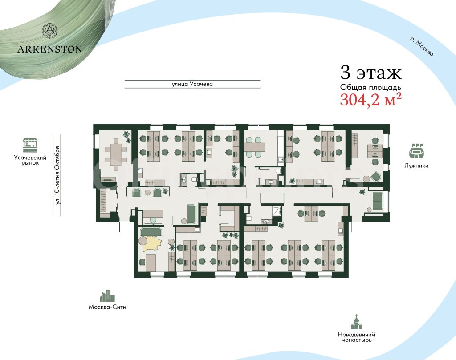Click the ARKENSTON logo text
point(49,49)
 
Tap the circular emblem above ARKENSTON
point(50,31)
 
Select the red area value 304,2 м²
point(371,100)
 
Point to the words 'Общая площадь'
point(370,88)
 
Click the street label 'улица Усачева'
point(192,84)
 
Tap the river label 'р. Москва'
point(421,46)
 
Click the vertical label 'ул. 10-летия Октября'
point(57,175)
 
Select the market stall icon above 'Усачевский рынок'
point(30,145)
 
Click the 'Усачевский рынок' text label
point(30,160)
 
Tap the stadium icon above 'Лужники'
point(416,151)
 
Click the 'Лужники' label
point(416,166)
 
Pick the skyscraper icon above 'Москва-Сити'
point(107,296)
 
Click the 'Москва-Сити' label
point(107,307)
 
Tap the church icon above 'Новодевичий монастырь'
point(356,322)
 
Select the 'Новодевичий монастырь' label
point(356,337)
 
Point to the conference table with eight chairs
point(116,154)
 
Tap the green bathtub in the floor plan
point(192,214)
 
